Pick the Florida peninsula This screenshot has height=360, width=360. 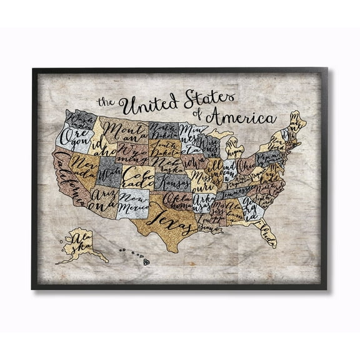point(267,224)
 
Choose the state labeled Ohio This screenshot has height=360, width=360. point(245,167)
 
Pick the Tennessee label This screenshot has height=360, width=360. point(238,194)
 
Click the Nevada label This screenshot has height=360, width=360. point(87,163)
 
